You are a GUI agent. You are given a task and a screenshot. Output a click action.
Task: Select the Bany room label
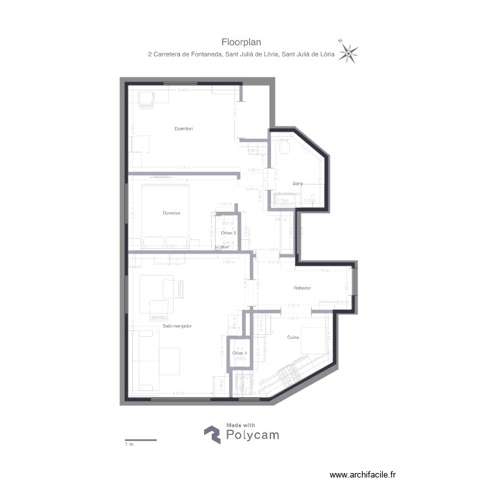tap(297, 183)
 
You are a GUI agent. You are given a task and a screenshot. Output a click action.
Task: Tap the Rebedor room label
tap(302, 288)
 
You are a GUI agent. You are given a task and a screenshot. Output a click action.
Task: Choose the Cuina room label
tap(293, 337)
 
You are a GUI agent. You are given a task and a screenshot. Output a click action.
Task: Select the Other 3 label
tap(228, 232)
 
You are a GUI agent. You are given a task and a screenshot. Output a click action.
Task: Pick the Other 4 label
tap(239, 353)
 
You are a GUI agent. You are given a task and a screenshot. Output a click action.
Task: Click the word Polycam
tap(252, 436)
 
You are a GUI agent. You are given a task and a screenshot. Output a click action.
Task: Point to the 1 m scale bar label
tap(128, 445)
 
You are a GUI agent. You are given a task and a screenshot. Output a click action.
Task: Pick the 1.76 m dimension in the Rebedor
tap(324, 270)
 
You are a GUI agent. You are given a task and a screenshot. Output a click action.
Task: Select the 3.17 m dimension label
tap(178, 392)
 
